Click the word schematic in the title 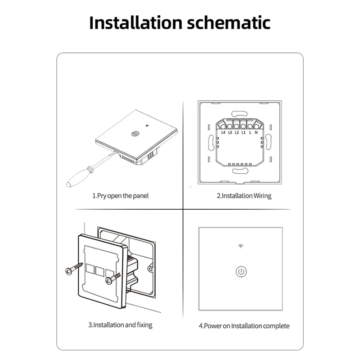(x=229, y=23)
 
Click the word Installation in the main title (x=136, y=23)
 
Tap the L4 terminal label (x=223, y=132)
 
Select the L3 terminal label (x=230, y=132)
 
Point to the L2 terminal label (x=237, y=132)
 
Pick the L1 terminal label (x=243, y=132)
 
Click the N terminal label (x=256, y=132)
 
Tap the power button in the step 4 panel (x=241, y=272)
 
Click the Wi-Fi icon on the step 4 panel (x=241, y=246)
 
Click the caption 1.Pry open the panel (x=120, y=196)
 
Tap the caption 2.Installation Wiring (x=244, y=196)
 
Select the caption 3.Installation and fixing (x=120, y=325)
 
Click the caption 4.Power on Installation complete (x=244, y=326)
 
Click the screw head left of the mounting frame (x=69, y=271)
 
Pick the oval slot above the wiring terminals (x=239, y=114)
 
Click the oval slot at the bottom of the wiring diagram (x=240, y=171)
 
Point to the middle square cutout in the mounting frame (x=100, y=271)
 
